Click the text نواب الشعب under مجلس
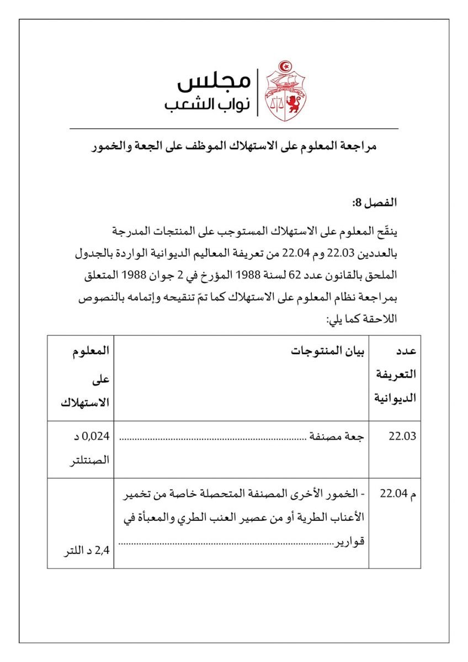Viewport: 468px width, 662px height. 208,105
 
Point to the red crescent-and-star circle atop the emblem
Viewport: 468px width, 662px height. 284,67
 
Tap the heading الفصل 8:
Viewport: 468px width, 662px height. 375,203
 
